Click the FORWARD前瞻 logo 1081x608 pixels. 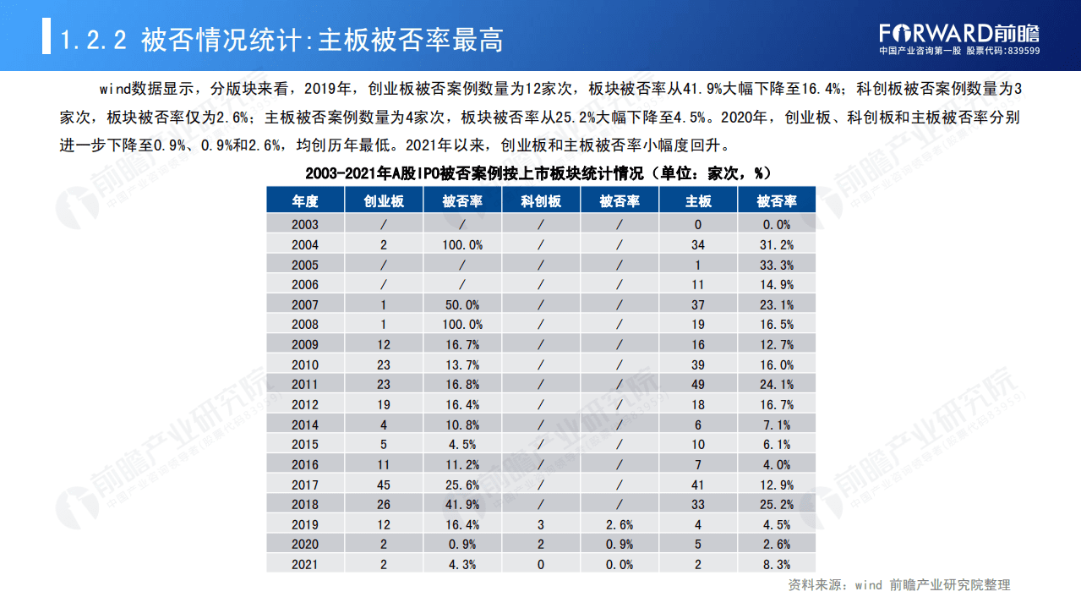958,32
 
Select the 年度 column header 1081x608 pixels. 305,201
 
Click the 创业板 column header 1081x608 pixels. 383,201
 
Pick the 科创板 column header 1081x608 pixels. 541,201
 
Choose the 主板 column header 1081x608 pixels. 697,201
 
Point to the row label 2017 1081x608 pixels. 305,485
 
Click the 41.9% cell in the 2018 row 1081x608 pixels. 461,505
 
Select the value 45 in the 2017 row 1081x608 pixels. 383,485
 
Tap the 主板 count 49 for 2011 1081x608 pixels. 697,385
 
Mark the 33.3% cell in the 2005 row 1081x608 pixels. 776,265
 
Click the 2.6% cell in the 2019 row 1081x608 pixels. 619,524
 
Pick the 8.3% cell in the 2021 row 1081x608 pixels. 776,564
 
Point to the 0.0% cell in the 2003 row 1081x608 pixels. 776,225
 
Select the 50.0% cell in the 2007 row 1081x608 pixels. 461,304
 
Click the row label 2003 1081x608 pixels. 305,225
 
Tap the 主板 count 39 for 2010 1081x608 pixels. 697,364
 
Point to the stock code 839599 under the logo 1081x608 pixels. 1022,51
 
